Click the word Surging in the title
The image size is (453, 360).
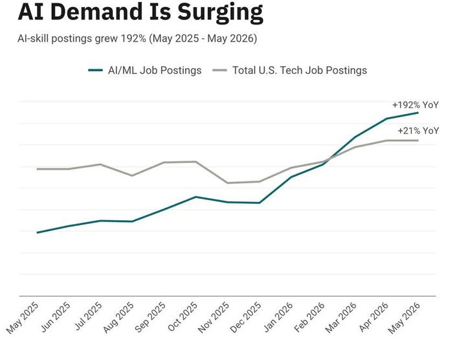(x=220, y=12)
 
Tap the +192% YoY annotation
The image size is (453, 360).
(x=415, y=105)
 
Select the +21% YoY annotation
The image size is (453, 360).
(x=418, y=131)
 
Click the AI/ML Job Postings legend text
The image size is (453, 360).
(x=155, y=71)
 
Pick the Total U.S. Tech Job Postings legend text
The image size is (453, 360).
(x=300, y=71)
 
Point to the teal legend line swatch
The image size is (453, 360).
(x=95, y=71)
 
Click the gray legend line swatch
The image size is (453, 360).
(x=220, y=71)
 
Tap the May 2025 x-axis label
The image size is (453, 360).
(x=23, y=317)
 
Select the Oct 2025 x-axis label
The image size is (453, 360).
(x=183, y=317)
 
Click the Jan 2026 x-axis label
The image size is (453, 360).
(x=278, y=317)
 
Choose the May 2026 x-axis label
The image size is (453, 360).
(x=404, y=317)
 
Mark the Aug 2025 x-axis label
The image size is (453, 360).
(x=118, y=317)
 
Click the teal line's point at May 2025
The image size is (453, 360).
(x=38, y=232)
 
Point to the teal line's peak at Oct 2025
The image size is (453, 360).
(x=196, y=197)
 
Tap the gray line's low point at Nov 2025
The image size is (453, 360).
(x=228, y=183)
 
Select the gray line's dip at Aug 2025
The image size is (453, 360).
(x=132, y=175)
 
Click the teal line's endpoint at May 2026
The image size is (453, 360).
(x=418, y=113)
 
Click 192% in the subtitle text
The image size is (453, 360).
(x=133, y=38)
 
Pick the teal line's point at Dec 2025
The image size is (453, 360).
(x=260, y=203)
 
